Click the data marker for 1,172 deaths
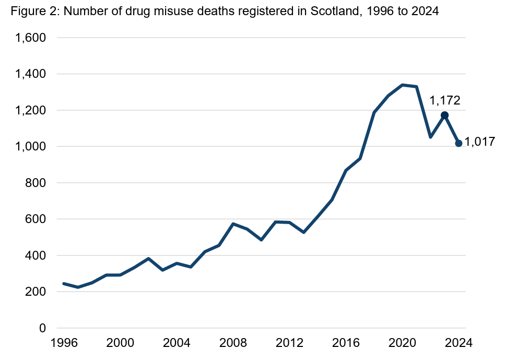[x=444, y=115]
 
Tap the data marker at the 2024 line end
[x=458, y=143]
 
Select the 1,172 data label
[x=444, y=100]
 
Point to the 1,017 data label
[x=479, y=142]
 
